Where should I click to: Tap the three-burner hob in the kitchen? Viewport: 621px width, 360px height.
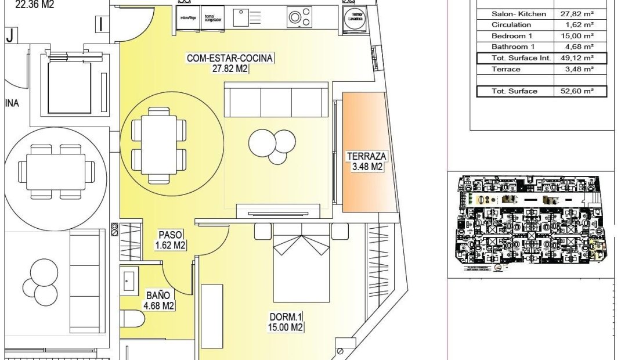298,17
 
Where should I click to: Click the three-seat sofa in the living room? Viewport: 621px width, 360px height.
276,100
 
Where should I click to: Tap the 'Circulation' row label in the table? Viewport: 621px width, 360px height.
511,24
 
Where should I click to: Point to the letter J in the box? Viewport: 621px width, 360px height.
10,35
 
